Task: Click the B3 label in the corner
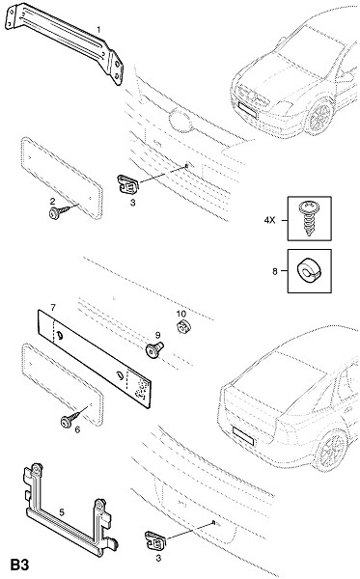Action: [19, 565]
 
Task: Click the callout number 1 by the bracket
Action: [98, 29]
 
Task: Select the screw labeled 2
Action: [59, 212]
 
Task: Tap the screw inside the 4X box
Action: [310, 218]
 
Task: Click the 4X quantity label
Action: [270, 220]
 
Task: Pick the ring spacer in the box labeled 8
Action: [310, 271]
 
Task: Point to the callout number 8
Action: [275, 271]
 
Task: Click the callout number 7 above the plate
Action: [53, 307]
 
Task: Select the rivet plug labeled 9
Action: [154, 349]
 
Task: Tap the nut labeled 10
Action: [182, 326]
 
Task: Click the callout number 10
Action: [180, 314]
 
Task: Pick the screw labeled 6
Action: [70, 420]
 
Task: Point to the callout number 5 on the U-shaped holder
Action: [62, 512]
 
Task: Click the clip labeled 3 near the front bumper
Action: [127, 184]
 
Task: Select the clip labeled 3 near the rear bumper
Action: [155, 541]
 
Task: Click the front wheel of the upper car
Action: [319, 117]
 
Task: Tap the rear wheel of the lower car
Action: [330, 450]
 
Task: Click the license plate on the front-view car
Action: [247, 110]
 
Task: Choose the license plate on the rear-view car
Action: [243, 436]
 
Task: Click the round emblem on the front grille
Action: [180, 120]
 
